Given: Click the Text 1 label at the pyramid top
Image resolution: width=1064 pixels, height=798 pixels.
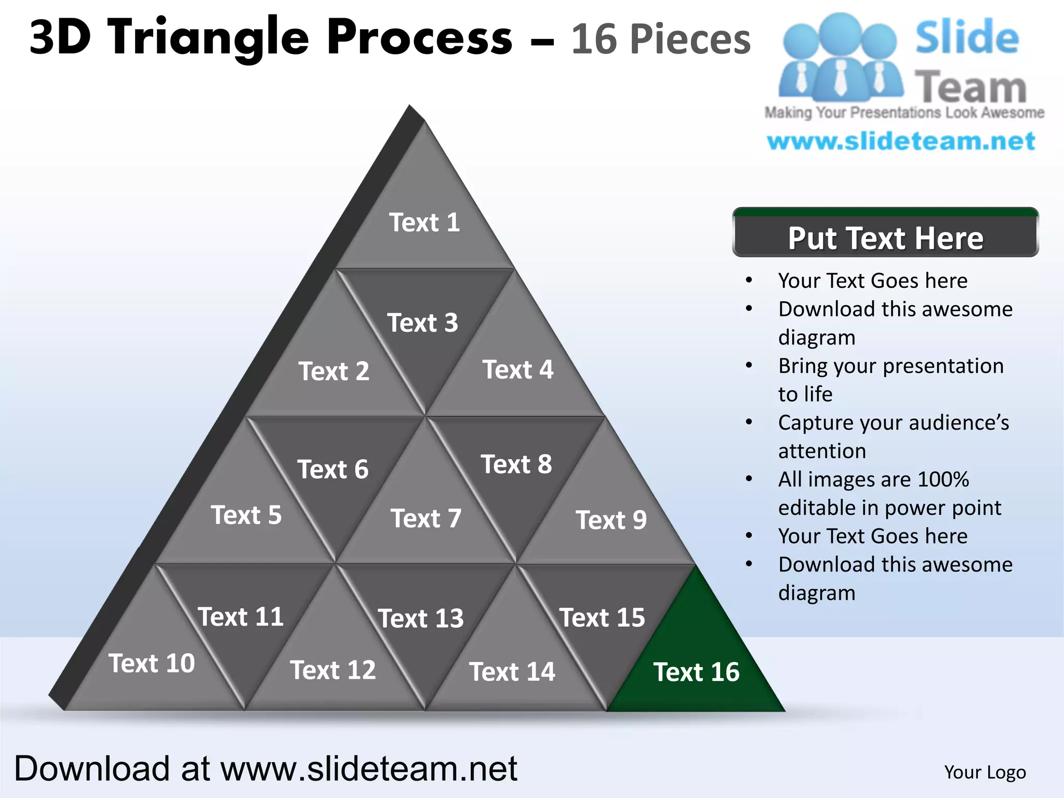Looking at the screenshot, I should (424, 222).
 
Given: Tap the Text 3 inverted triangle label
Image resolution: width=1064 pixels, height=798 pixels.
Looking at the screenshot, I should (422, 323).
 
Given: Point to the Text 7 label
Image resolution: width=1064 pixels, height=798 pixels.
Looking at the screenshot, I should (426, 518).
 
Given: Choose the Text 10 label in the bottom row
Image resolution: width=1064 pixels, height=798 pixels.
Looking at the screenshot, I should (152, 663).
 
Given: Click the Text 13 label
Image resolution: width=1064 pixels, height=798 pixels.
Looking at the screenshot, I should (421, 618).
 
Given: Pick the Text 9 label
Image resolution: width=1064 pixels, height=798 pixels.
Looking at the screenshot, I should (611, 520).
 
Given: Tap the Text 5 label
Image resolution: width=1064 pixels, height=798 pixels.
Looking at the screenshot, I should (246, 515).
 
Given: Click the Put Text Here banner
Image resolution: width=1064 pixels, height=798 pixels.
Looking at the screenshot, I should (885, 237).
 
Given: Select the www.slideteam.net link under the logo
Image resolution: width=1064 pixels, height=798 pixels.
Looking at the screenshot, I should (901, 141).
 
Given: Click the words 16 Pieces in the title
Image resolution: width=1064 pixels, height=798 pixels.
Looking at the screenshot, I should (661, 39).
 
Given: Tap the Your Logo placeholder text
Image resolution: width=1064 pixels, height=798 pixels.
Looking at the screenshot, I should (985, 772).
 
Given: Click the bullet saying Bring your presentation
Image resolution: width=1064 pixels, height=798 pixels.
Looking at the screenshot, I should (890, 366).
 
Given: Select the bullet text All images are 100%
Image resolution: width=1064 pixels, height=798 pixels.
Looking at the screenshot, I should (873, 479).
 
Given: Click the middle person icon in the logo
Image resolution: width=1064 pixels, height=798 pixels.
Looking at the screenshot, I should (840, 57).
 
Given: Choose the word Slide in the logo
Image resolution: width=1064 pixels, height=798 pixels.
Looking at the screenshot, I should (967, 37).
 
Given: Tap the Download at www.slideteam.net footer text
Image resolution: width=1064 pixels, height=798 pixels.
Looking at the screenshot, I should (265, 768).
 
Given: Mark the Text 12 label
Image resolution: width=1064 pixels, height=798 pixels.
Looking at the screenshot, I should (333, 670).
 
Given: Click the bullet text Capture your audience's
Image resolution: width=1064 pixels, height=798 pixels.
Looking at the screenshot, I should (893, 422).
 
